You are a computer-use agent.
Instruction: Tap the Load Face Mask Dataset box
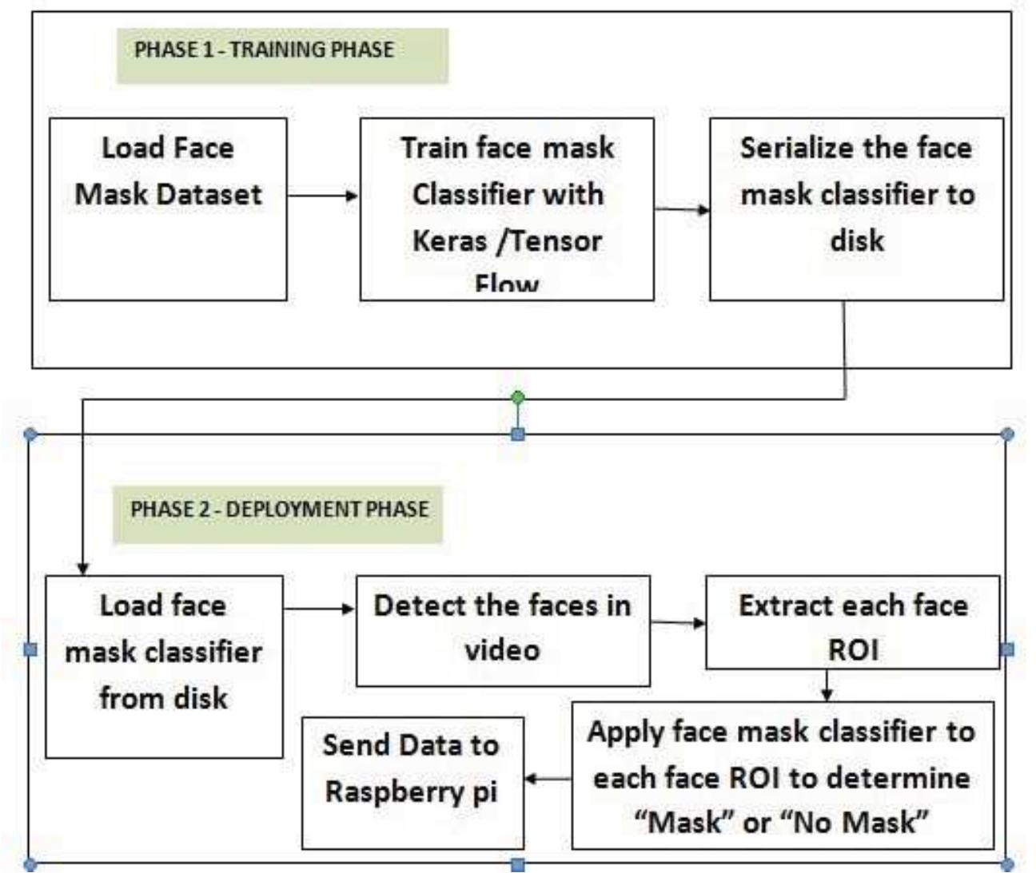(168, 209)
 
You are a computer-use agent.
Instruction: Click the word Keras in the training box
(449, 240)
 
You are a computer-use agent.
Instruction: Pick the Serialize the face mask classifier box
(856, 209)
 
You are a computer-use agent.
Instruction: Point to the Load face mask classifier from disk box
(164, 666)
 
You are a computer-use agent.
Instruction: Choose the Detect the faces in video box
(502, 630)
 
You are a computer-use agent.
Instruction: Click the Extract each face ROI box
(852, 622)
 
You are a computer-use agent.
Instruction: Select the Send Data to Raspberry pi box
(412, 782)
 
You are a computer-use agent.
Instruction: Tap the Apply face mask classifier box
(783, 775)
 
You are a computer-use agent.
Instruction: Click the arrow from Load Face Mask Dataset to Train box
(322, 195)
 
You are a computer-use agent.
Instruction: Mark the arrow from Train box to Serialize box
(681, 210)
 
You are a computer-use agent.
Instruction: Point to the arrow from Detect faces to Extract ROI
(677, 622)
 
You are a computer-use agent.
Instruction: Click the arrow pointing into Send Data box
(548, 778)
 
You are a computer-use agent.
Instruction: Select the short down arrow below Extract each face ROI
(827, 685)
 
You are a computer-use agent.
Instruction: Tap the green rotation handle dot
(518, 397)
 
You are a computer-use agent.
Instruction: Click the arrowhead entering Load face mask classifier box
(82, 569)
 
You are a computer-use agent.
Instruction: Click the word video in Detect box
(502, 650)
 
